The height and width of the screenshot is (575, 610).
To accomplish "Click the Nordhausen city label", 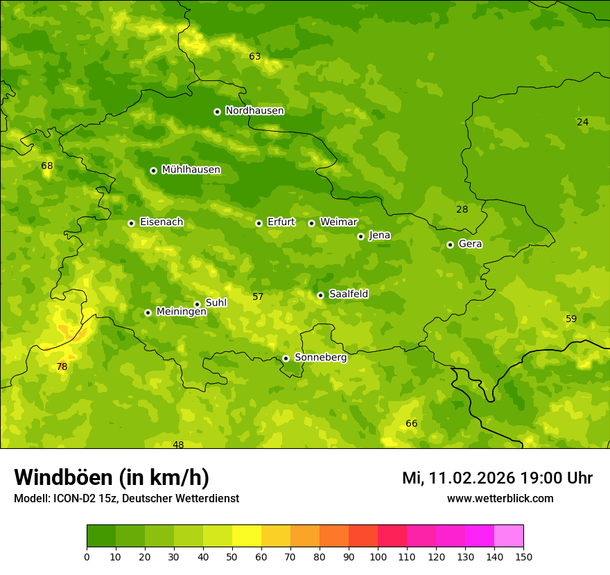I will (x=254, y=111).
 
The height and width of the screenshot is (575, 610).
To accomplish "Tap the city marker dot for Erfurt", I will (x=259, y=223).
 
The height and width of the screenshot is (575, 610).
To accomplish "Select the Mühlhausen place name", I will (x=191, y=170).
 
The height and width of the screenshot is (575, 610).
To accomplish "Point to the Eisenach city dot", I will (x=131, y=223).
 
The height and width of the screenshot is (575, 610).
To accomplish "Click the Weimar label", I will (x=338, y=222).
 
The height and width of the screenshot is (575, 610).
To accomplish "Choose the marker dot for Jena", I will (x=360, y=236).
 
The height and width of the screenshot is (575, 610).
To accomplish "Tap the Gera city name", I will (x=470, y=244).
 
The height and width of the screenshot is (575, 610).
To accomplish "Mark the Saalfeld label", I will (x=348, y=294).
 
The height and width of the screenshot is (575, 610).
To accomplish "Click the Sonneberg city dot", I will (x=286, y=358).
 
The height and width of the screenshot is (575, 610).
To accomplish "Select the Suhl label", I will (x=216, y=303).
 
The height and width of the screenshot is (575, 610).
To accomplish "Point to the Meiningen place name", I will (x=181, y=312).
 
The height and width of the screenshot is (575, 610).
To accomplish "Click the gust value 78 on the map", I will (x=62, y=366).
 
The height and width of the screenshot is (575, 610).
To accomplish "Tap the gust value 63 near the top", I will (x=254, y=56).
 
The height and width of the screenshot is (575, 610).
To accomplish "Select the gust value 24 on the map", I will (x=582, y=122).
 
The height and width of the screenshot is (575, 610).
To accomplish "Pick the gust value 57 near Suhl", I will (x=257, y=297).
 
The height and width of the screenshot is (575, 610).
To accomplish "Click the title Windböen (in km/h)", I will (x=112, y=477).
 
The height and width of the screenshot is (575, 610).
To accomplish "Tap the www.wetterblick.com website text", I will (x=500, y=498).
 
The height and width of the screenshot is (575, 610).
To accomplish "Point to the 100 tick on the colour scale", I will (x=378, y=556).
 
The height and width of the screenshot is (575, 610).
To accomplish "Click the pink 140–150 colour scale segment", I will (x=509, y=536).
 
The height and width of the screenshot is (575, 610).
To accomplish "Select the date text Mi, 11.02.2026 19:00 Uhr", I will (x=497, y=478).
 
